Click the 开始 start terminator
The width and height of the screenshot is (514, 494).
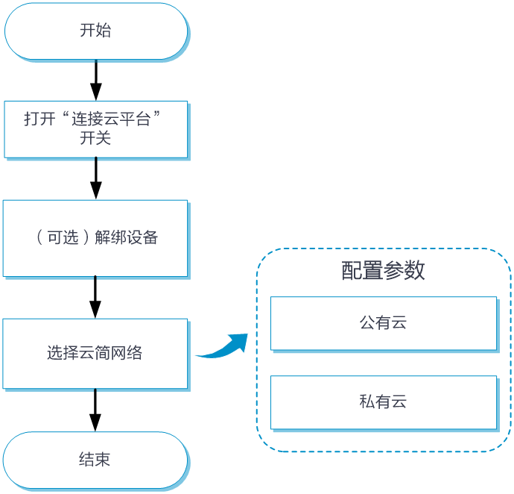pos(95,31)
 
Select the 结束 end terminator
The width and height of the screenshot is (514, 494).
pos(95,460)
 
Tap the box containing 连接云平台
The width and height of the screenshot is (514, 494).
pos(95,129)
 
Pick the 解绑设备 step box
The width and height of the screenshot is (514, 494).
pos(95,238)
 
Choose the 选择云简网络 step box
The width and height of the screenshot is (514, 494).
pos(95,353)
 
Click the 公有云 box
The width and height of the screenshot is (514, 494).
pos(383,323)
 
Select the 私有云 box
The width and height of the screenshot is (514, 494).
pos(383,402)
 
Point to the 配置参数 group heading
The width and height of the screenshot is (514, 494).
pos(383,270)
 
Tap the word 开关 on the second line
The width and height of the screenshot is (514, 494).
pos(95,138)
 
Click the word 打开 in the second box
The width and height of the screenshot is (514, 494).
pos(39,119)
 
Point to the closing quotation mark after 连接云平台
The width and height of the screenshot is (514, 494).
pos(157,116)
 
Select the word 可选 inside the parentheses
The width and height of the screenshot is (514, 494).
pos(62,238)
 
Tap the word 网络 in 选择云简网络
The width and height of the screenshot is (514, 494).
pos(127,353)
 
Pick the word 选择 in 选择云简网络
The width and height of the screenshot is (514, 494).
pos(63,353)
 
